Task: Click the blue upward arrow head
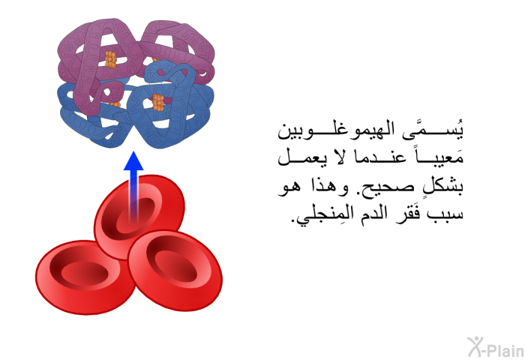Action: (x=133, y=160)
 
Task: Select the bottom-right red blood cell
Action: (x=175, y=270)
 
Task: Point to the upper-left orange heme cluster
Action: (x=111, y=59)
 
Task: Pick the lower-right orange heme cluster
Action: (x=158, y=102)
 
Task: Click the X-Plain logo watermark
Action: (x=496, y=347)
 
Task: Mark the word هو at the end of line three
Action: (x=287, y=186)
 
